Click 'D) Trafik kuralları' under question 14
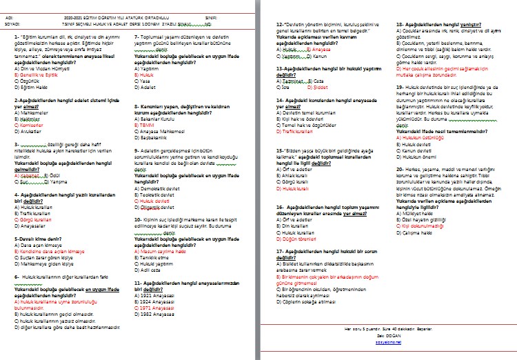pos(296,130)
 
